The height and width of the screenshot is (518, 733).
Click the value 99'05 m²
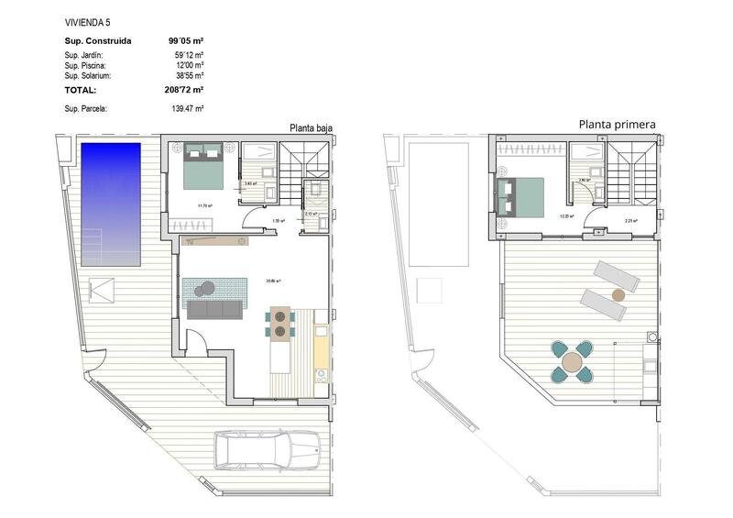(185, 40)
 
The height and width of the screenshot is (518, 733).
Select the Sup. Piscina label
(86, 66)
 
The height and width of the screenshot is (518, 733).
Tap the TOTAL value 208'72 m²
(185, 90)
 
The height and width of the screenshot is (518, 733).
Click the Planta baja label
(311, 128)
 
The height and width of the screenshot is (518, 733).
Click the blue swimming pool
(110, 199)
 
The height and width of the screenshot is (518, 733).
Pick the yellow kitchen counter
(321, 348)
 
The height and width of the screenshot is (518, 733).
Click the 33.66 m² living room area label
(272, 281)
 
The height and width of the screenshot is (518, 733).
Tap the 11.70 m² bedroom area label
(203, 205)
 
